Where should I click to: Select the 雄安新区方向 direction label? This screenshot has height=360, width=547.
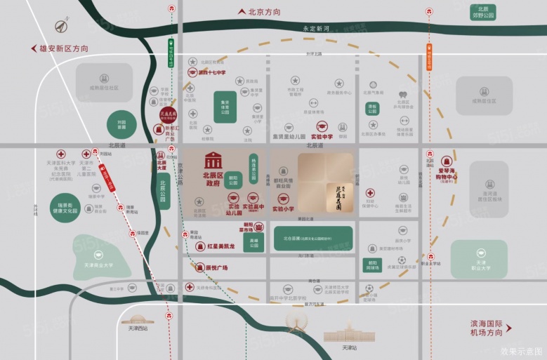pyautogui.click(x=64, y=48)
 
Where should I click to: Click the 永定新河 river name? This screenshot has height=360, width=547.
pyautogui.click(x=315, y=29)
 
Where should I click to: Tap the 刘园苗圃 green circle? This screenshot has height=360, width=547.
pyautogui.click(x=121, y=124)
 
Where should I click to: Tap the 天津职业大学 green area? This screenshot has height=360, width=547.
pyautogui.click(x=479, y=259)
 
